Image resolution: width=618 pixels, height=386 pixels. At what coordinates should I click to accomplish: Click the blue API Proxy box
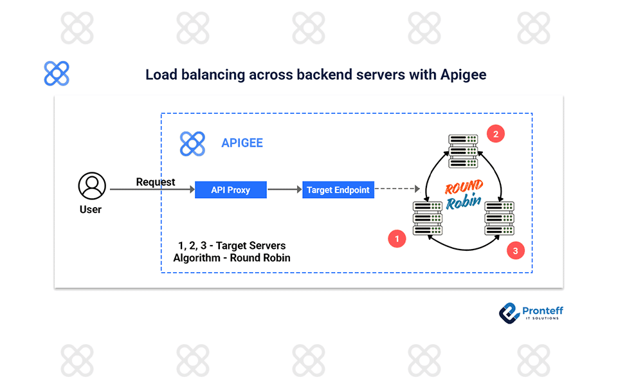tap(230, 190)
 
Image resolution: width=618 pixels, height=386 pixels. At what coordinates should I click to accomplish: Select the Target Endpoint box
tap(338, 190)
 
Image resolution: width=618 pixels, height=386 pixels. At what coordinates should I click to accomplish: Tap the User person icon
tap(91, 186)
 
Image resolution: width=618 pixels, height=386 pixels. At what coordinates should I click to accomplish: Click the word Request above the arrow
tap(156, 182)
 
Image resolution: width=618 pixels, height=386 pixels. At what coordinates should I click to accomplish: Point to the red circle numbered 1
tap(397, 239)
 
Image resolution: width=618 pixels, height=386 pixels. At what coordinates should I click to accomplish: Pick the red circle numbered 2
tap(495, 134)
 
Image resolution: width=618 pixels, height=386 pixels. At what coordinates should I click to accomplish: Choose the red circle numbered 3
tap(514, 250)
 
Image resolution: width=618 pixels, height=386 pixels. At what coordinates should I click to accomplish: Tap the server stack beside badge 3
tap(499, 217)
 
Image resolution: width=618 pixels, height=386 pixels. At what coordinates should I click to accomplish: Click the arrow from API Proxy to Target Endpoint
tap(284, 190)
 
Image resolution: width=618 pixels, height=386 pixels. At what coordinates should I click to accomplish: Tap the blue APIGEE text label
tap(242, 143)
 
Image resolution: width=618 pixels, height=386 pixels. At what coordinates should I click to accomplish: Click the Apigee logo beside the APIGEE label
tap(192, 143)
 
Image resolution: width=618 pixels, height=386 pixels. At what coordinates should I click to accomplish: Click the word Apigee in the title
tap(463, 75)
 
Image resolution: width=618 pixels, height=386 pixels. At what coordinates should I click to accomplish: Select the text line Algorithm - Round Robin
tap(232, 258)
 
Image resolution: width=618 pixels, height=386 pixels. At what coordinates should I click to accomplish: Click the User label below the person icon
tap(91, 209)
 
